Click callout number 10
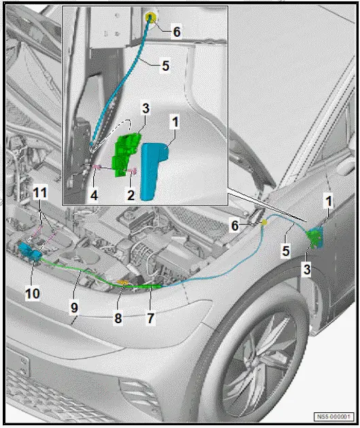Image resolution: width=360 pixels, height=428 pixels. pos(33,293)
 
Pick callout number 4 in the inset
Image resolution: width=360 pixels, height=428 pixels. pos(93,195)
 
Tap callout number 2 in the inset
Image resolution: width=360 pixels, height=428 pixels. pos(131,194)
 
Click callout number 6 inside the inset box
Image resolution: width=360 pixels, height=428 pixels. pos(177,31)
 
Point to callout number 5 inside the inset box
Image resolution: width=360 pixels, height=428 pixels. pos(165,67)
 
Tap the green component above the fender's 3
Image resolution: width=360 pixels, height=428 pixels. pos(315,237)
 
